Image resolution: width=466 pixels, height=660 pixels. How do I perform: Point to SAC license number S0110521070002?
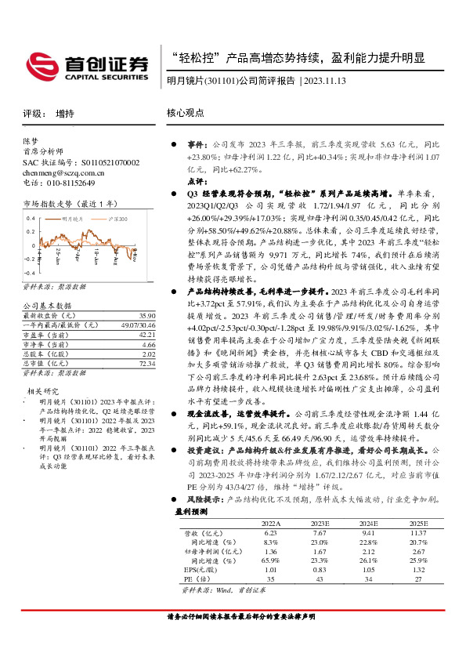pos(81,162)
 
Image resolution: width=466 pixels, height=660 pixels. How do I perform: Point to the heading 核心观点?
pos(186,113)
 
